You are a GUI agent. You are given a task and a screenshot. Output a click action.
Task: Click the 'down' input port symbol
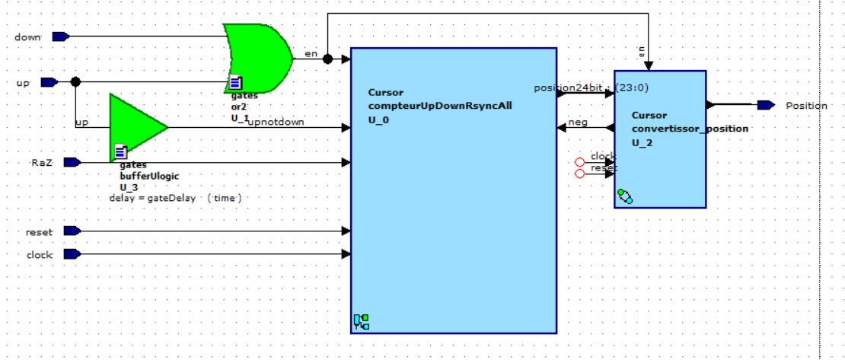[x=60, y=37]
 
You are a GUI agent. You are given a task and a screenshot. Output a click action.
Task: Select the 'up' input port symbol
[x=49, y=82]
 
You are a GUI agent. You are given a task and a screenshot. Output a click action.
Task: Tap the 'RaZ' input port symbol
[x=72, y=162]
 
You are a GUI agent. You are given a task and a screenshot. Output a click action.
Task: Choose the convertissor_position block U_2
[x=660, y=152]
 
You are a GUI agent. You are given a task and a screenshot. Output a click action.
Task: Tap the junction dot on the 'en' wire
[x=327, y=59]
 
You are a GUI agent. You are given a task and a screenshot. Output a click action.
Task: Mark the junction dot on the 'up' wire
[x=75, y=82]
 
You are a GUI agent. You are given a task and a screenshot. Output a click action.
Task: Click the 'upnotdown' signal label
[x=276, y=121]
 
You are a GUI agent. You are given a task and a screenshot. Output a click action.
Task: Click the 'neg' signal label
[x=579, y=122]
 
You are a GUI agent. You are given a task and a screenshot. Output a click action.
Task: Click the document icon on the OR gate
[x=236, y=82]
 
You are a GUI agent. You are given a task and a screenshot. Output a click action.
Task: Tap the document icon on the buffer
[x=120, y=151]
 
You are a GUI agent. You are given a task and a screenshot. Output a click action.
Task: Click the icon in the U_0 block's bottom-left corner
[x=361, y=322]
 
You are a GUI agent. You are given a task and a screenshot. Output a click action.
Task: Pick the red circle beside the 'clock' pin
[x=580, y=162]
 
